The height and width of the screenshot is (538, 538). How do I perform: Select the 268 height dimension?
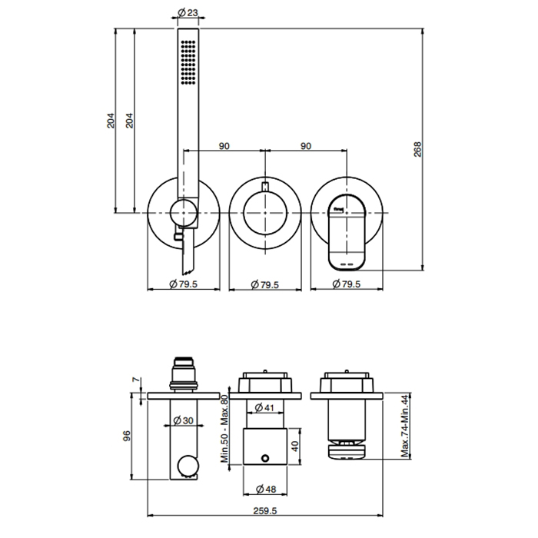click(x=417, y=148)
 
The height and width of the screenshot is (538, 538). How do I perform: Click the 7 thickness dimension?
click(x=136, y=380)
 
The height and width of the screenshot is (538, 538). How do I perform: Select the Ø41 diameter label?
click(x=264, y=407)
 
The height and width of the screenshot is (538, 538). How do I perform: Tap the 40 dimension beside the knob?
click(x=295, y=445)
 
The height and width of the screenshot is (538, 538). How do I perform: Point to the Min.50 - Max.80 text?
click(x=225, y=430)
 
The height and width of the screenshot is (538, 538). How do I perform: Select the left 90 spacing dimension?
click(x=224, y=144)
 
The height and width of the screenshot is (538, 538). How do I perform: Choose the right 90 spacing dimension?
click(x=305, y=144)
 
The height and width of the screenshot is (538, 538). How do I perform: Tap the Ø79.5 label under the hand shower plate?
click(x=183, y=284)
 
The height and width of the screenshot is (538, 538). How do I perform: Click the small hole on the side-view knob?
click(x=265, y=459)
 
